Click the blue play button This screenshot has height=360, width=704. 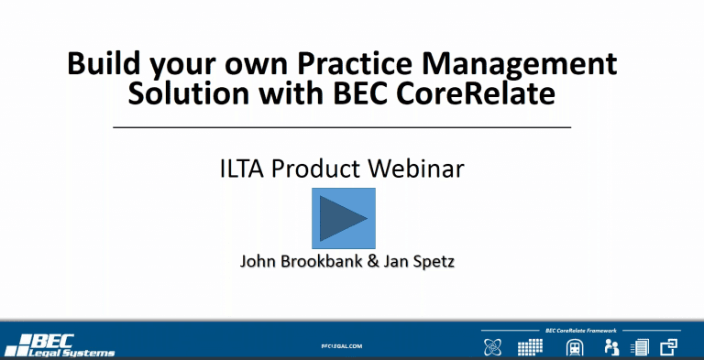point(344,218)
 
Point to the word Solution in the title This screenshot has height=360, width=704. point(189,93)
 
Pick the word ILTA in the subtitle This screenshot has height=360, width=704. point(243,169)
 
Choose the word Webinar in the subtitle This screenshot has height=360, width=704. point(415,169)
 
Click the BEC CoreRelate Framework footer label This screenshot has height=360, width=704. point(581,331)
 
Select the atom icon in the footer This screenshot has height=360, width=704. point(492,347)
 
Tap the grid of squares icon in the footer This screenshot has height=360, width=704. point(530,347)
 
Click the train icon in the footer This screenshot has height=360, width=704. point(574,347)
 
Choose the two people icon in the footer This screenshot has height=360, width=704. point(611,347)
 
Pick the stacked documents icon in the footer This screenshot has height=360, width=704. point(640,347)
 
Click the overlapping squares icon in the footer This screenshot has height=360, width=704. point(668,347)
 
